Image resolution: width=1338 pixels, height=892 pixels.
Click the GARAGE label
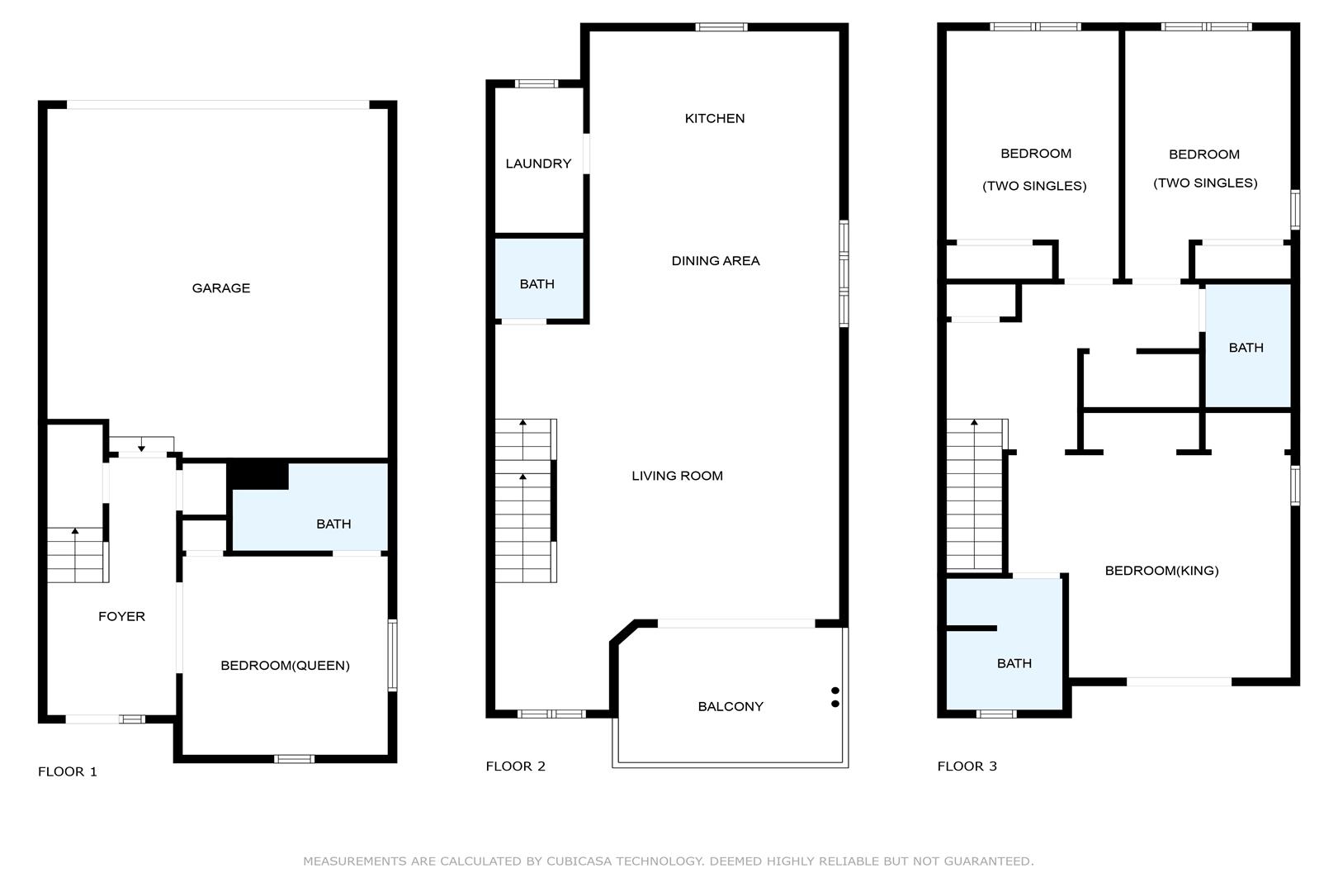point(221,288)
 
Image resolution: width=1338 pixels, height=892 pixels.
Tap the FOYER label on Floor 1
point(122,616)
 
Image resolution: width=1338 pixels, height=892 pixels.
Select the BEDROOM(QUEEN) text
point(286,666)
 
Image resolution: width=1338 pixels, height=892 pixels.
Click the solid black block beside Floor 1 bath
point(258,475)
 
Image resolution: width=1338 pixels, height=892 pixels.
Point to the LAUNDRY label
point(539,164)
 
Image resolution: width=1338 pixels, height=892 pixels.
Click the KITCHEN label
point(715,118)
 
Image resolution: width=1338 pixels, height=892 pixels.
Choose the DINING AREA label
point(716,261)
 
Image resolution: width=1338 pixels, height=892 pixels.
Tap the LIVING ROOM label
point(678,476)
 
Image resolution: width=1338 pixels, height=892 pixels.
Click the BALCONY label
point(730,707)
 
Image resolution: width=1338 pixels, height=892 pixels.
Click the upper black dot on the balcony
point(835,690)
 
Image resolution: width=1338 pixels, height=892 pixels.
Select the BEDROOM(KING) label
point(1162,571)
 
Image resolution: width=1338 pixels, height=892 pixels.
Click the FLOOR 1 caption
point(68,772)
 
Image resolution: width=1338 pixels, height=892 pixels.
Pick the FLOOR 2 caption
point(516,766)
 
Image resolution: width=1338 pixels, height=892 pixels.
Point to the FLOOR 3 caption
point(967,766)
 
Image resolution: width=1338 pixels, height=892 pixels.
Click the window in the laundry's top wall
point(537,83)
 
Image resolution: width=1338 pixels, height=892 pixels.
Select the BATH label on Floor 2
point(537,284)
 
